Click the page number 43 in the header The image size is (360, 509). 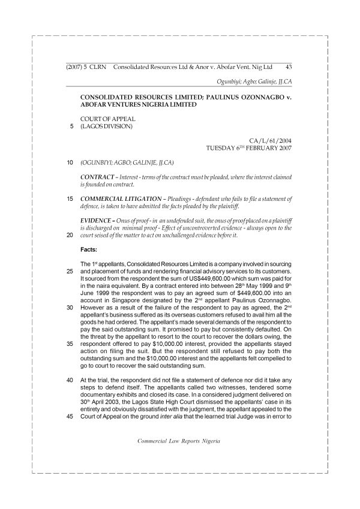point(289,68)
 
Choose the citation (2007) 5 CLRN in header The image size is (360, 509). point(86,68)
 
